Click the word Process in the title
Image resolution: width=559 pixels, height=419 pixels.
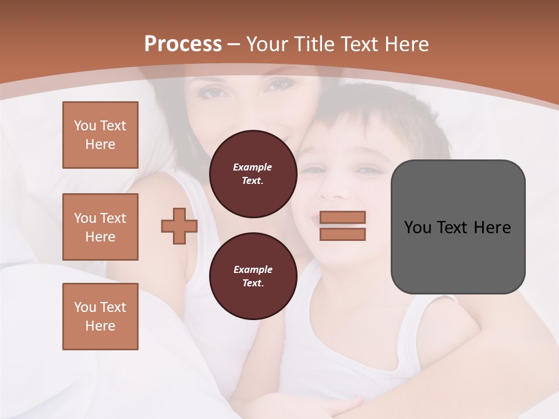point(183,44)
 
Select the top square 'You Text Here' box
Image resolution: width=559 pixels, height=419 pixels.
point(100,135)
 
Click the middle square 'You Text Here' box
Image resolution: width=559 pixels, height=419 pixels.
point(100,227)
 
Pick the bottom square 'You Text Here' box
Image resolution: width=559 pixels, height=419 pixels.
point(100,317)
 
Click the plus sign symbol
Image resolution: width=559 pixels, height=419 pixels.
point(179,226)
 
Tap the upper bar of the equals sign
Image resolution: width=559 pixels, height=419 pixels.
point(343,218)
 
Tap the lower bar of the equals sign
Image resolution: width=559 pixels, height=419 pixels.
point(343,235)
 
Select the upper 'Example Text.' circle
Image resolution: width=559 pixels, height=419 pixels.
point(253,173)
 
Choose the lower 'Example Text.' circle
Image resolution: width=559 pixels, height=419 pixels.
point(253,276)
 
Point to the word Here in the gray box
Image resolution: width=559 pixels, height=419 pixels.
point(492,228)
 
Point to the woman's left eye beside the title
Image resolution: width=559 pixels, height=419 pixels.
point(213,92)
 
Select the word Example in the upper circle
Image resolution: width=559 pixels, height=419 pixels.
point(253,167)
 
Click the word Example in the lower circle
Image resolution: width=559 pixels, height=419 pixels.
point(253,269)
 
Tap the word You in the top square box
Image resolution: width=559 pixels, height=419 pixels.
point(84,126)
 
